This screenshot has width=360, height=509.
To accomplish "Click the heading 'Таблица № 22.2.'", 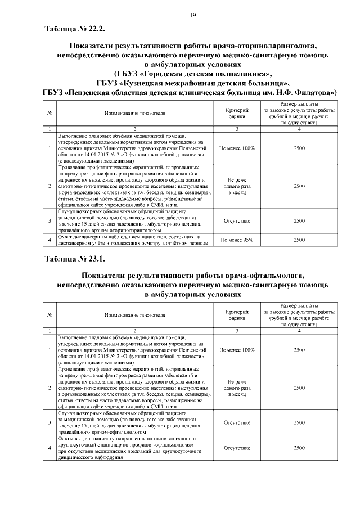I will point(74,29).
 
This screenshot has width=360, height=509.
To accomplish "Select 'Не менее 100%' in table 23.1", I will point(237,350).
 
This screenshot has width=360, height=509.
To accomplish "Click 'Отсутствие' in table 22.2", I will point(237,221).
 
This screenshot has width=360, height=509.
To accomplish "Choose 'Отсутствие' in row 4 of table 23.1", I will point(237,448).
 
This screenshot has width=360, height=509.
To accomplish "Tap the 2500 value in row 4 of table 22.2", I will point(299,240).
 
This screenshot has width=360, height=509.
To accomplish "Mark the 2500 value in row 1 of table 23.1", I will point(299,350).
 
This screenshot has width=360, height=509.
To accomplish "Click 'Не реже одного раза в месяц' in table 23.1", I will point(237,388).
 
